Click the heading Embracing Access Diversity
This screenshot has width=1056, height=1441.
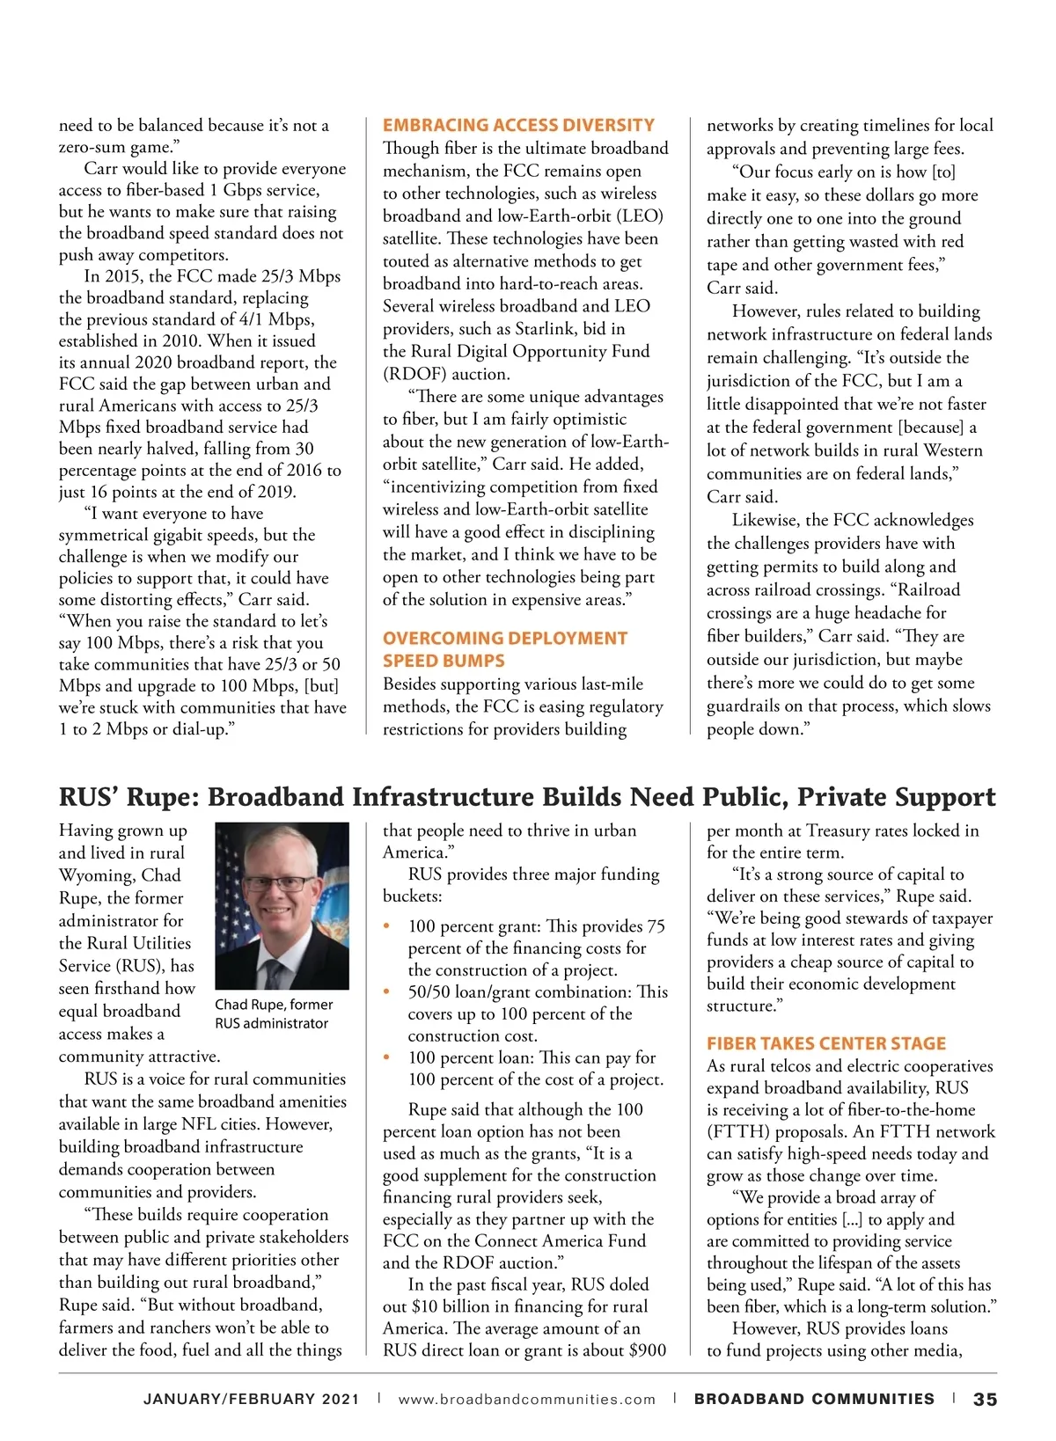click(518, 125)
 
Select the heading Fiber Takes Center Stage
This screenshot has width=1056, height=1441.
click(826, 1043)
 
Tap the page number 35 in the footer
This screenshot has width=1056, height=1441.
click(985, 1399)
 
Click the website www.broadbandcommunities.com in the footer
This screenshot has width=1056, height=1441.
click(527, 1400)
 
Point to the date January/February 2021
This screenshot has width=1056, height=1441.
click(252, 1400)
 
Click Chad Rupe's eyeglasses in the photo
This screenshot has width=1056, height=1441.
click(278, 883)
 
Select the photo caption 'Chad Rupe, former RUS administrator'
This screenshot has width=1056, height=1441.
click(274, 1013)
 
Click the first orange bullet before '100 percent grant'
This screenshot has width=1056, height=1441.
click(387, 926)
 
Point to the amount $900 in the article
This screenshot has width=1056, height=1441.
click(649, 1350)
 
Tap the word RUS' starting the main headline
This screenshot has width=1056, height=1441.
click(88, 797)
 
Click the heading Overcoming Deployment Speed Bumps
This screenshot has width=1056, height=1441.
click(505, 649)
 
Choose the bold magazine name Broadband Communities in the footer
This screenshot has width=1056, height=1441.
click(814, 1399)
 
